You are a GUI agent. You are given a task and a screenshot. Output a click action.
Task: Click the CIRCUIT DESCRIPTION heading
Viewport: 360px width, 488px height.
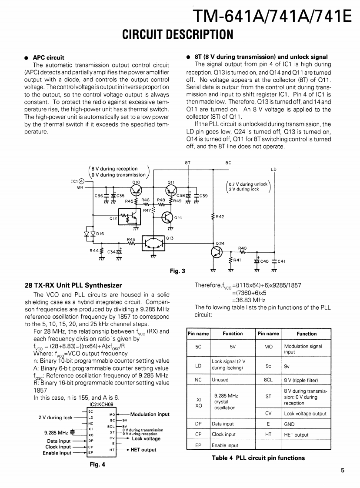point(178,34)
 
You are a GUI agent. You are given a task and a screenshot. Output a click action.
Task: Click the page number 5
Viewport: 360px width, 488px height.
point(343,469)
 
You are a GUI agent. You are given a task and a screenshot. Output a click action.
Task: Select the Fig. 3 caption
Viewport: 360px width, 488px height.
point(177,271)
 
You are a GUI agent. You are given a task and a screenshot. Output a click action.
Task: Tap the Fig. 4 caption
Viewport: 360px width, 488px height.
point(97,465)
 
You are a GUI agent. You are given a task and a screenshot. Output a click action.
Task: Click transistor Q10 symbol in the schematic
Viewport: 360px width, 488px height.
point(136,189)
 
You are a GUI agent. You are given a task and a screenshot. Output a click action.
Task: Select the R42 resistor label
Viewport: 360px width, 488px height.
point(220,216)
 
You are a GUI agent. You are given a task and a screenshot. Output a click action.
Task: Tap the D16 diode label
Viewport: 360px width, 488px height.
point(100,234)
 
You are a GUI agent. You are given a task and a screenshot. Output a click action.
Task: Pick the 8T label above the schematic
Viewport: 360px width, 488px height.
point(187,163)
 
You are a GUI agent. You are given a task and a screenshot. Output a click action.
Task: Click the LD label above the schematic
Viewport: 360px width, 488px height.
point(273,169)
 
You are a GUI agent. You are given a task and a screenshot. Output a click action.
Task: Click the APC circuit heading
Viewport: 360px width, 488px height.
point(48,57)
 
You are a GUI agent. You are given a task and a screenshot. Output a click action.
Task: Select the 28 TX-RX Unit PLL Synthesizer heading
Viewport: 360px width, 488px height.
point(73,285)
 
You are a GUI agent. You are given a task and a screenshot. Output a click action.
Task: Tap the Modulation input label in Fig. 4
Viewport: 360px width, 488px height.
point(150,414)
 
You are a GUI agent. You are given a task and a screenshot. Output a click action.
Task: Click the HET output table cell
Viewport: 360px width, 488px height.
point(296,435)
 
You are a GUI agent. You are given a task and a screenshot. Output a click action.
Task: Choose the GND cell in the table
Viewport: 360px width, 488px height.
point(289,424)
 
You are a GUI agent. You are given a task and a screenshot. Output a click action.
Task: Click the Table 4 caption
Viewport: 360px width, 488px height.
point(258,458)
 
